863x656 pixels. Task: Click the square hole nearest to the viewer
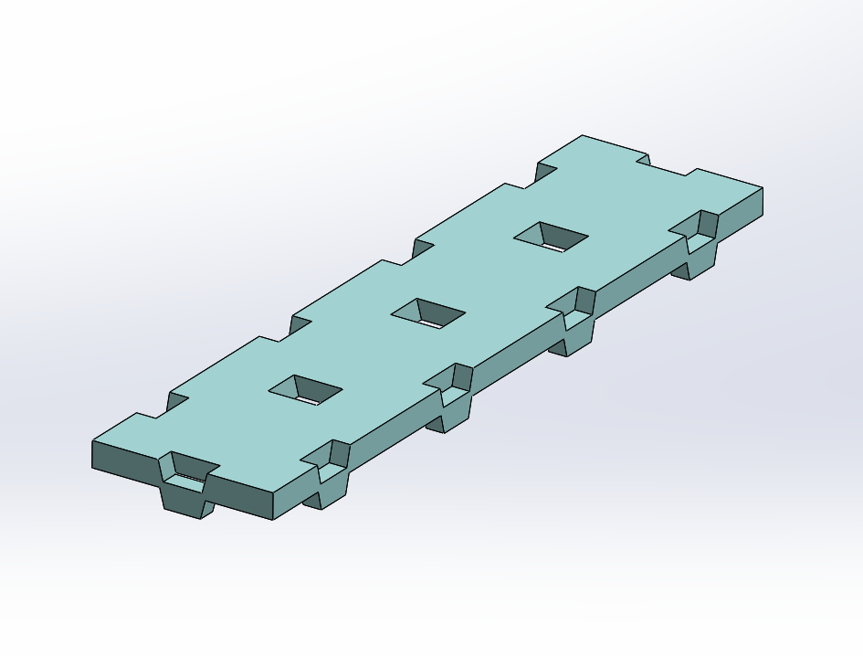pos(305,390)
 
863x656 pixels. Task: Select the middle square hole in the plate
pos(427,313)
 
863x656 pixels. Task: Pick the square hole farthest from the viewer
pos(551,237)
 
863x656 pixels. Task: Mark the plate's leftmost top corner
pos(92,442)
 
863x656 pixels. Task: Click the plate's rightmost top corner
pos(763,187)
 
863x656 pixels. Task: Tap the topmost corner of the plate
pos(583,136)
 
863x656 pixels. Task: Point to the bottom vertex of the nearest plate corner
pos(274,521)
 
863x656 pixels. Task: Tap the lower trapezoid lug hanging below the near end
pos(186,501)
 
